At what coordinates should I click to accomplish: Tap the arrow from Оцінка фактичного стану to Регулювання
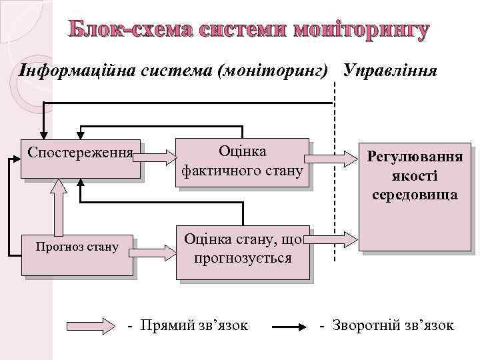[331, 158]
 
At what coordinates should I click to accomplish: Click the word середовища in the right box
[415, 195]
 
